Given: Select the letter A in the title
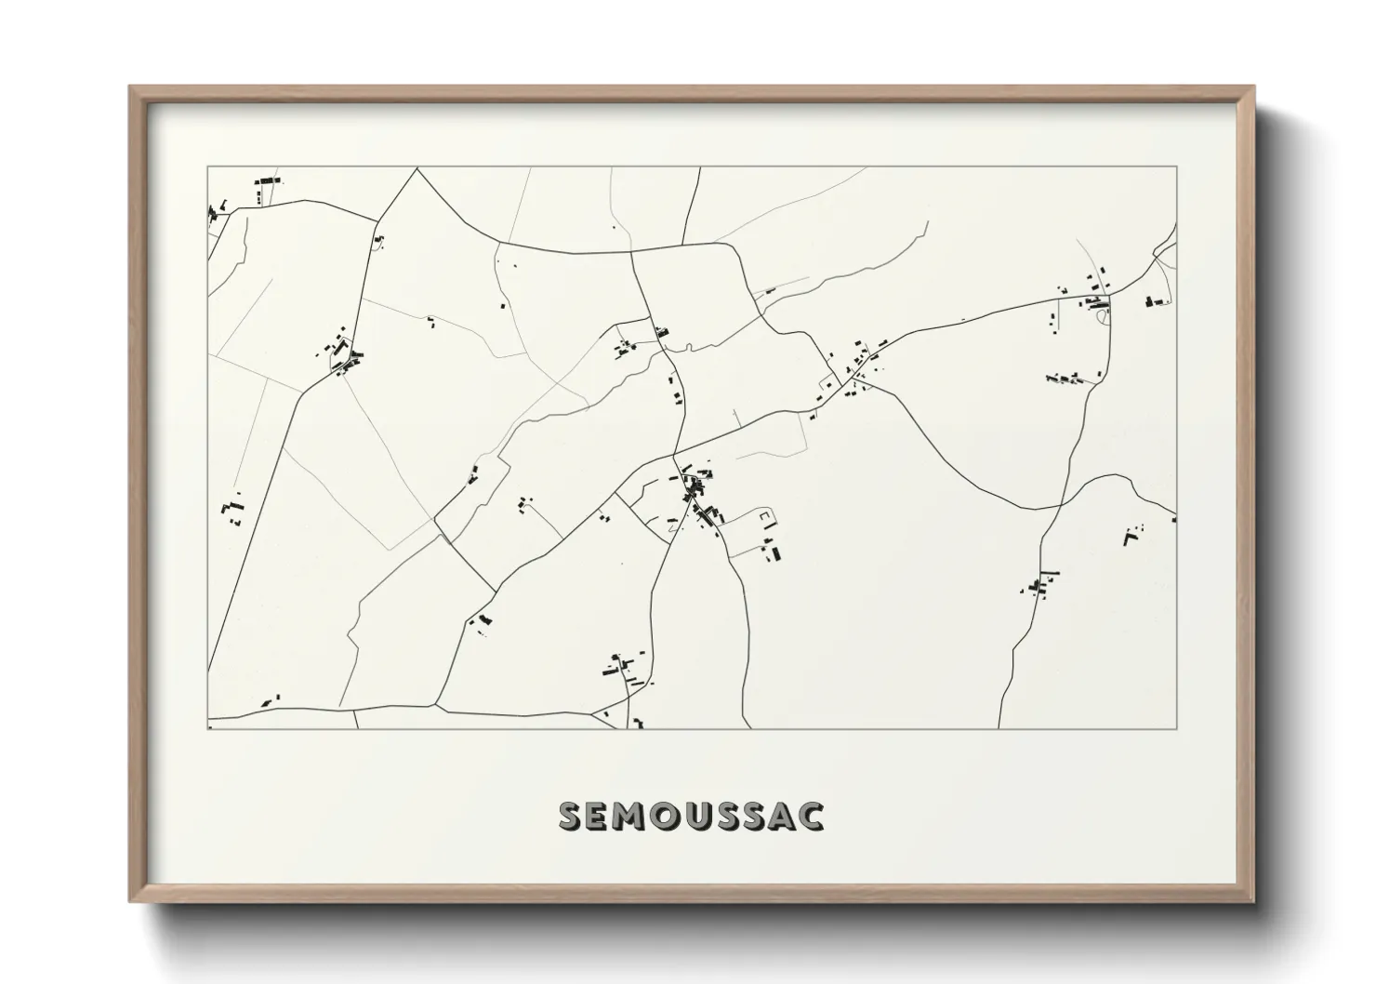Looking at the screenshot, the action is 779,816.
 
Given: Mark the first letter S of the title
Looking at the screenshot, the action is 570,816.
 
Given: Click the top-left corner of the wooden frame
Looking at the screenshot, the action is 131,87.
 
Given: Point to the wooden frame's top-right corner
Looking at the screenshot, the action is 1252,87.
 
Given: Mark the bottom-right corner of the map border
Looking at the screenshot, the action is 1177,728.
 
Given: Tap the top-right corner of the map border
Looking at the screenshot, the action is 1177,167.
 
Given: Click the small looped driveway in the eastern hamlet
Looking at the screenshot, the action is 1104,317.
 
